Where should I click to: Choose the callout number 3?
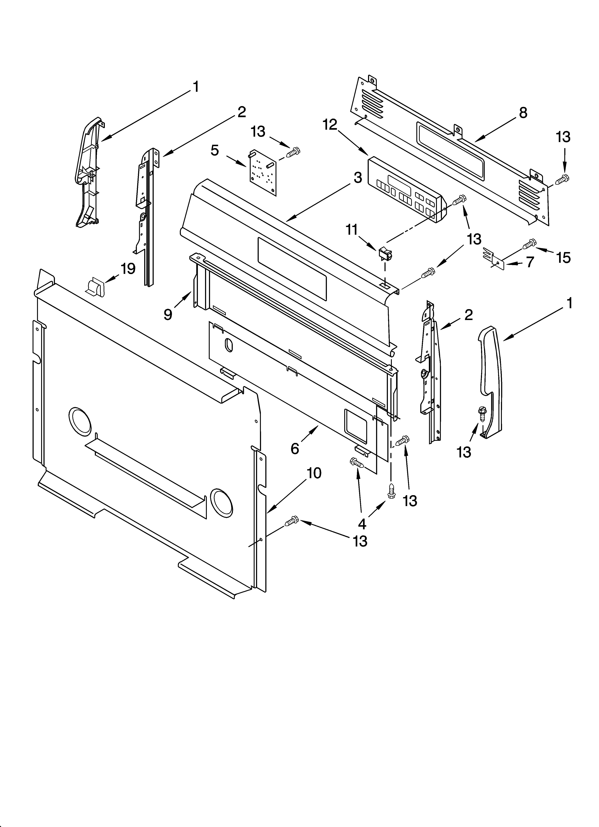coord(358,178)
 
